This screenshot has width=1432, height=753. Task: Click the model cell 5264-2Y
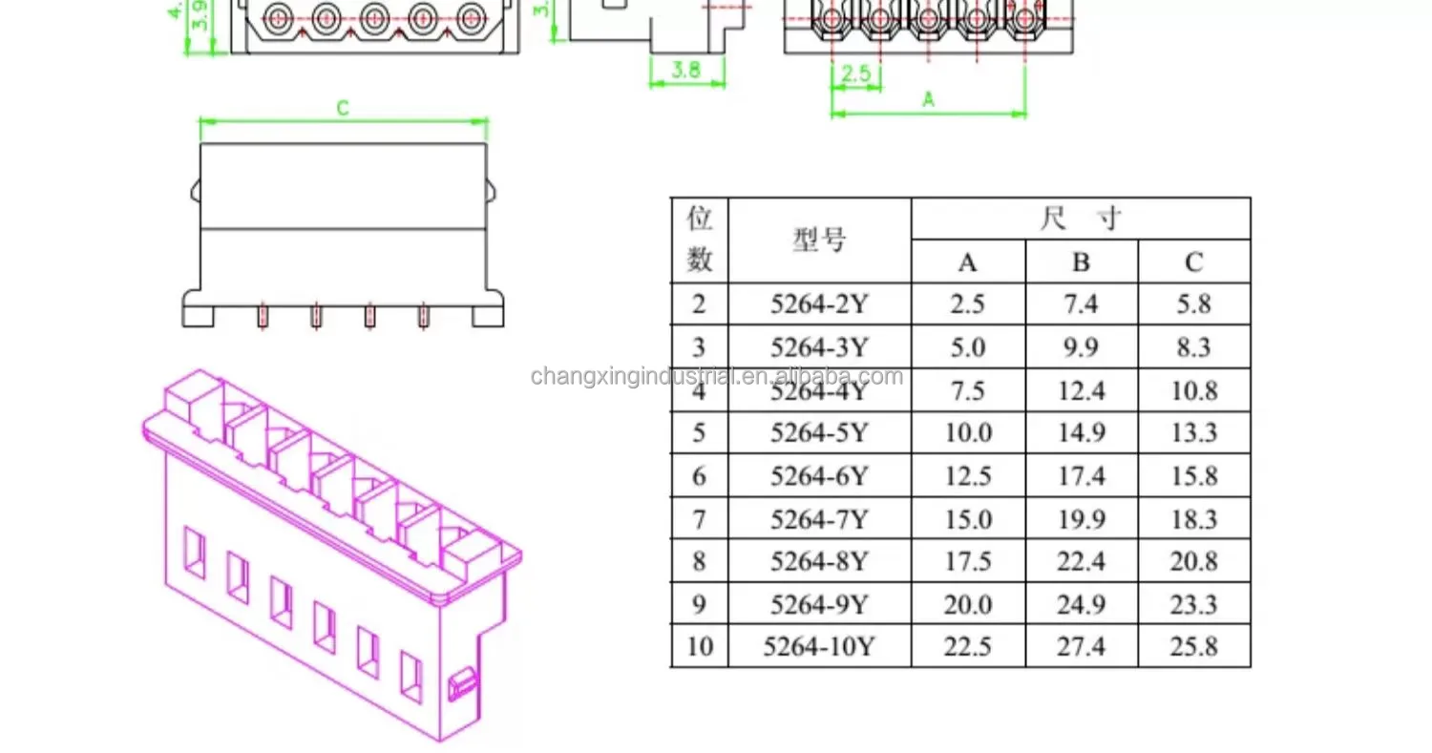[x=819, y=304]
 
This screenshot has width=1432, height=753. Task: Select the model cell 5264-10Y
[x=819, y=647]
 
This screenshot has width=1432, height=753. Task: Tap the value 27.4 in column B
[x=1081, y=647]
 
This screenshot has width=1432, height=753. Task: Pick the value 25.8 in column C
[x=1193, y=647]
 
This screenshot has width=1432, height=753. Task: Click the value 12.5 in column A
[x=968, y=475]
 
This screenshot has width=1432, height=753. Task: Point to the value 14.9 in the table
[x=1081, y=433]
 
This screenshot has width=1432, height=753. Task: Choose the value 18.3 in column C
[x=1193, y=518]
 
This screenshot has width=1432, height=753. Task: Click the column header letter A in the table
[x=968, y=262]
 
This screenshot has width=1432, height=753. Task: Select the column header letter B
[x=1081, y=262]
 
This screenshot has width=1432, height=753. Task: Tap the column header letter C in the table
[x=1193, y=262]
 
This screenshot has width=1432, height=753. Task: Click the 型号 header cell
[x=819, y=241]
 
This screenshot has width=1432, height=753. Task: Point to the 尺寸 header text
[x=1080, y=219]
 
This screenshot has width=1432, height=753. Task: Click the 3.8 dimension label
[x=686, y=70]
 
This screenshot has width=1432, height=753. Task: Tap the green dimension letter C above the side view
[x=343, y=109]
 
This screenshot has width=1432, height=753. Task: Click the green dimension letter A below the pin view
[x=927, y=99]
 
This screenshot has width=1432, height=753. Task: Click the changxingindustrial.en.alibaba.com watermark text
[x=716, y=376]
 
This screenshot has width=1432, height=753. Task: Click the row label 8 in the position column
[x=699, y=561]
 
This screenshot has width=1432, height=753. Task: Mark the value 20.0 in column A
[x=968, y=604]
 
